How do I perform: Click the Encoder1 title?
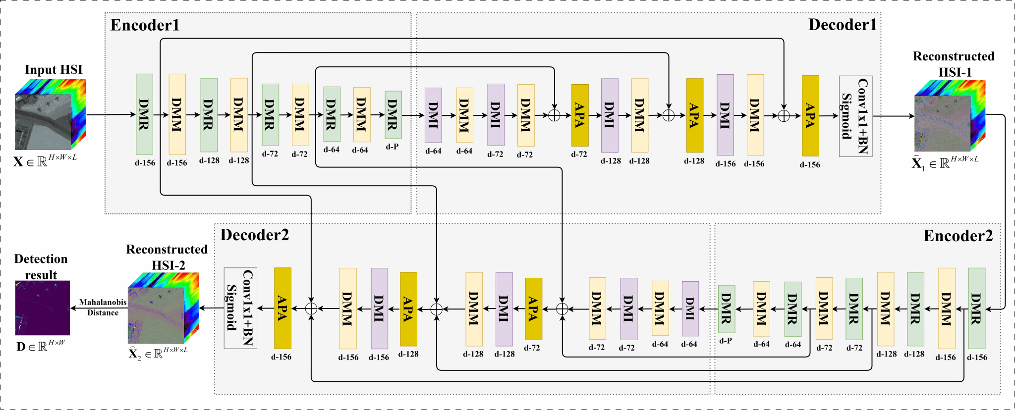coord(145,25)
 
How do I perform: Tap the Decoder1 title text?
coord(843,25)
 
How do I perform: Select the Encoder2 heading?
coord(958,236)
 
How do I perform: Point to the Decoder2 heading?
coord(254,235)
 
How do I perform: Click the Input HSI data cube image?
coord(50,114)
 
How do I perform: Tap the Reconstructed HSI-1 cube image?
coord(950,116)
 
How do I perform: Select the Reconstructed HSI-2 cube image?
coord(163,308)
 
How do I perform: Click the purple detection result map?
coord(43,307)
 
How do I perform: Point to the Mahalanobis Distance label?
coord(103,307)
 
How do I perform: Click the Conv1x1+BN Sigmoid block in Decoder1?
coord(855,116)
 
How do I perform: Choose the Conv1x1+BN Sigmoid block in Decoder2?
coord(240,308)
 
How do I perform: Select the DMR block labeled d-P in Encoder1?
coord(393,115)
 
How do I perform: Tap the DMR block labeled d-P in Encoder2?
coord(727,309)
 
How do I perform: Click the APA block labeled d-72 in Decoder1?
coord(580,115)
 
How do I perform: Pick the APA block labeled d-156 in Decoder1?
coord(810,116)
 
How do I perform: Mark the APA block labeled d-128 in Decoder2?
coord(408,309)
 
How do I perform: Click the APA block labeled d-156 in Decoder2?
coord(282,308)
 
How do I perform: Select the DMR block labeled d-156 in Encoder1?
coord(144,114)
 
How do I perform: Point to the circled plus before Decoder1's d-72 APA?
coord(554,115)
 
